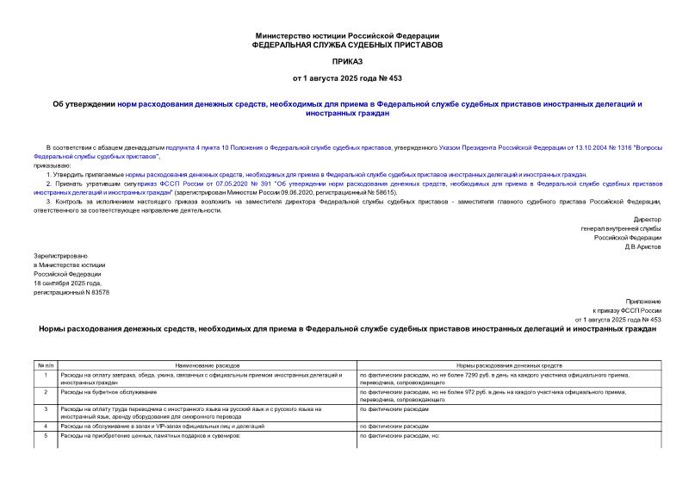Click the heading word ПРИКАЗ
pyautogui.click(x=347, y=63)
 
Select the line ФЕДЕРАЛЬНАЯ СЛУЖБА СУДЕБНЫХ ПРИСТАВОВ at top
pyautogui.click(x=347, y=43)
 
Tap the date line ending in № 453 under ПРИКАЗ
pyautogui.click(x=347, y=78)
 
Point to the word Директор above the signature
pyautogui.click(x=648, y=220)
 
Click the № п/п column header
pyautogui.click(x=45, y=366)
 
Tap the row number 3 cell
pyautogui.click(x=45, y=408)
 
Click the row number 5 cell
pyautogui.click(x=45, y=435)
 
